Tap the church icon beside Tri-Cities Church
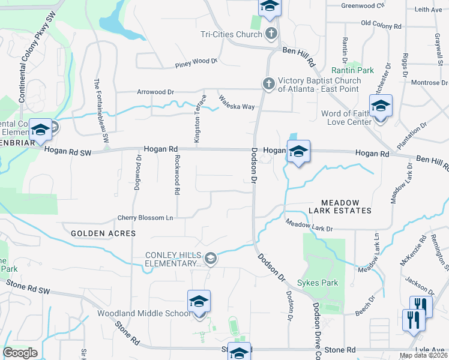pyautogui.click(x=271, y=33)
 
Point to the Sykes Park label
pyautogui.click(x=321, y=283)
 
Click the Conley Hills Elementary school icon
pyautogui.click(x=210, y=259)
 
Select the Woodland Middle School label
pyautogui.click(x=144, y=313)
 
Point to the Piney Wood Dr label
pyautogui.click(x=196, y=62)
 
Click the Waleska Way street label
pyautogui.click(x=237, y=102)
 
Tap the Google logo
pyautogui.click(x=20, y=353)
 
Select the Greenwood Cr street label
pyautogui.click(x=363, y=5)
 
